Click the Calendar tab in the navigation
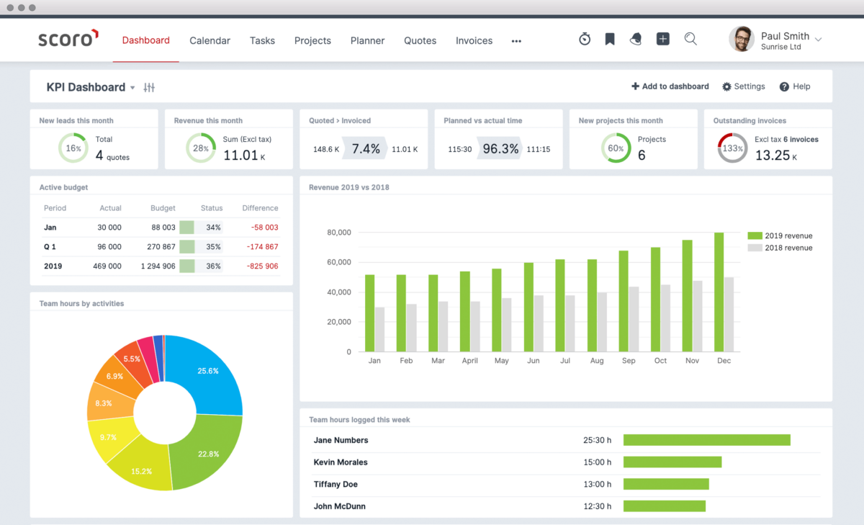(210, 41)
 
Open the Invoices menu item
(474, 41)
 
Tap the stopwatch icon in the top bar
(585, 40)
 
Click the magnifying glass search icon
(690, 40)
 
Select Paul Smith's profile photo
(742, 40)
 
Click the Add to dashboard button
(670, 86)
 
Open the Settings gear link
(744, 86)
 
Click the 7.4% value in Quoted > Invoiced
(366, 149)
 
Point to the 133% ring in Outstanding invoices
(732, 148)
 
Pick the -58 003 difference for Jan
(264, 228)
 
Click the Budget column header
(163, 208)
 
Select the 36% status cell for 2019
(213, 266)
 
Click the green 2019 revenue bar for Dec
(719, 292)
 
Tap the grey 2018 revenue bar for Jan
(379, 330)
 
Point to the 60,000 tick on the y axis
(338, 263)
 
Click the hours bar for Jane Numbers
(706, 440)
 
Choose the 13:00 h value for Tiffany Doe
(597, 485)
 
